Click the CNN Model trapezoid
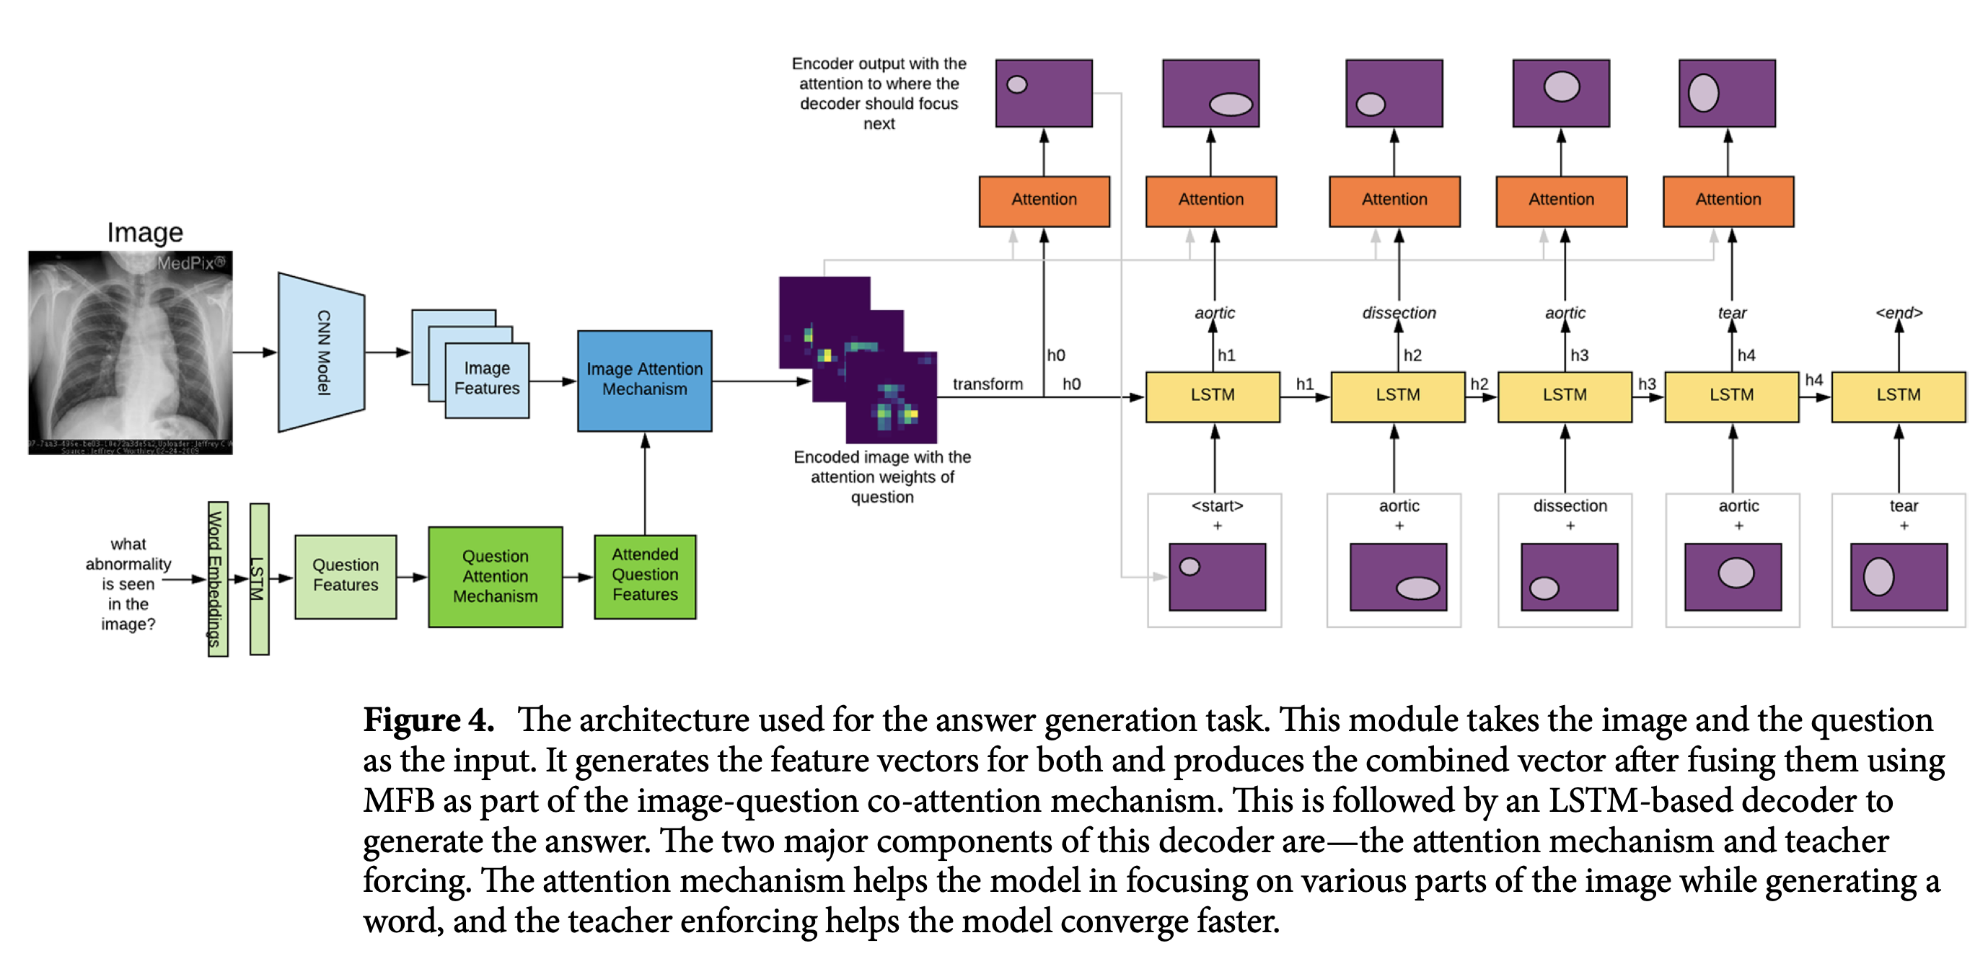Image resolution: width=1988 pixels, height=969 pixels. click(321, 353)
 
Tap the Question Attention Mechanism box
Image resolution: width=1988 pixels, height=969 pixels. click(495, 576)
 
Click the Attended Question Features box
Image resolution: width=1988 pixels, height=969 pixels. click(644, 575)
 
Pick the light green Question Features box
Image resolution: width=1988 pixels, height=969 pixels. click(345, 575)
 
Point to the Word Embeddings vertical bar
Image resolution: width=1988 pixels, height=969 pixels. click(217, 579)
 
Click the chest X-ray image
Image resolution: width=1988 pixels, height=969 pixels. click(130, 353)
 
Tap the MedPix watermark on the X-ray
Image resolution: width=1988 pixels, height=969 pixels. click(190, 263)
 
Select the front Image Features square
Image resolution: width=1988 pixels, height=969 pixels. click(487, 379)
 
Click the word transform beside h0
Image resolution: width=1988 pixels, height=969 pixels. click(987, 384)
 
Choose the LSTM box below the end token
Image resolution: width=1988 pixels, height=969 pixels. click(1898, 396)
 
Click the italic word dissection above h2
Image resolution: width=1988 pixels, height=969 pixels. click(1399, 312)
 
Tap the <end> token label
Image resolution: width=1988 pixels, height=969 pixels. click(1898, 312)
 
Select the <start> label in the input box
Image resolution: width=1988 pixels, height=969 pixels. click(1217, 506)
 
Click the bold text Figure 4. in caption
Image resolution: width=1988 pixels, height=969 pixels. click(428, 720)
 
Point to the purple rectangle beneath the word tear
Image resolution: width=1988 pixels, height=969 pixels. click(1898, 577)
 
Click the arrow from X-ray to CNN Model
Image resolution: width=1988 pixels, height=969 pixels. click(254, 353)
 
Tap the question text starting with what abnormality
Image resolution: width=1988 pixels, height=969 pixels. click(128, 583)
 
